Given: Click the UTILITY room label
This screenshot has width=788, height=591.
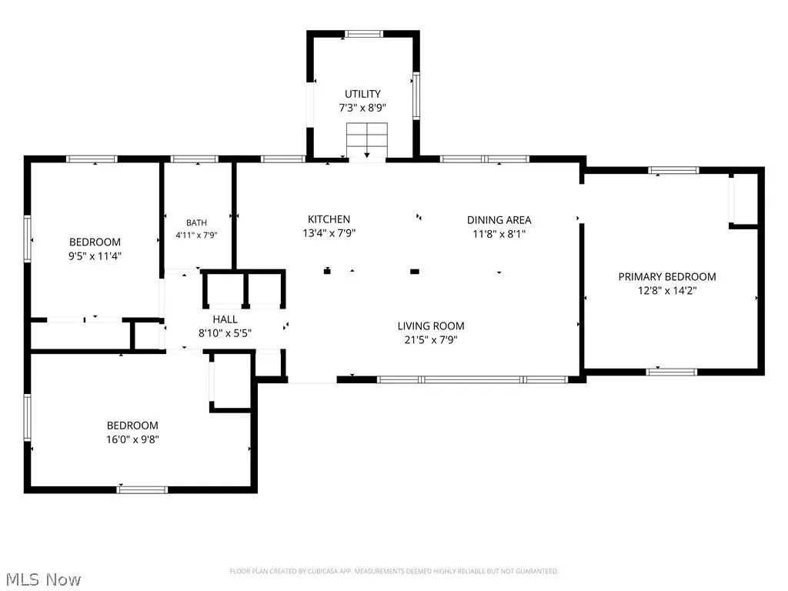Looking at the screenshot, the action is pos(362,94).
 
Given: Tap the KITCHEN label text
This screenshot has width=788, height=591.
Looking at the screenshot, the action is pos(329,219).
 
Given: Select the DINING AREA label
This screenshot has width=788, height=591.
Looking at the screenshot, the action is pos(499,220).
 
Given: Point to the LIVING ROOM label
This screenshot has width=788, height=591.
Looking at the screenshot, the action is pos(431,326).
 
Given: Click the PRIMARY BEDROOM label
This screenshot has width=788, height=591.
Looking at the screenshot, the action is pos(667,277).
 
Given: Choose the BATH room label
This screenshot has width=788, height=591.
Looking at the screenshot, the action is pos(196,222).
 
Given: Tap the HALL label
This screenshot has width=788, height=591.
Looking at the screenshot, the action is pos(225,319).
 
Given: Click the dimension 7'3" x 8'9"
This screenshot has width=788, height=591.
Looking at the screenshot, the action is pos(362,108).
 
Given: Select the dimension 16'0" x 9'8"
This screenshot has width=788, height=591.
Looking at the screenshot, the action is pos(132,439).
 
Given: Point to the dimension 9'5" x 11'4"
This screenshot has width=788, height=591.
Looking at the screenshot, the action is pos(95,255).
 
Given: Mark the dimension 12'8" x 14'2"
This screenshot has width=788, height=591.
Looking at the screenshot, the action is pos(667,290).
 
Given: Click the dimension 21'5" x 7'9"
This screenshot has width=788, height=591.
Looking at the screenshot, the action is pos(431,339).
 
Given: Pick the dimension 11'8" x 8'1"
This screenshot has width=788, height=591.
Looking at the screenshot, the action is pos(499,234).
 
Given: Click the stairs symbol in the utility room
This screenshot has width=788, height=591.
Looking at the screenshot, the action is pos(367,141).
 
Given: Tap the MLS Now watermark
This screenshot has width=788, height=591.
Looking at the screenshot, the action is pos(43,579).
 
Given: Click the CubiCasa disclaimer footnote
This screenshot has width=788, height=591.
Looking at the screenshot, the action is pos(393,572).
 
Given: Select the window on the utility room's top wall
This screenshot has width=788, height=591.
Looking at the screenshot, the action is pos(363,34).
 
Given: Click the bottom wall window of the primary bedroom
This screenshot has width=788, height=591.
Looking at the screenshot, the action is pos(671,372).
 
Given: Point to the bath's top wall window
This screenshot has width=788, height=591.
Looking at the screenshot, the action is pos(195,159).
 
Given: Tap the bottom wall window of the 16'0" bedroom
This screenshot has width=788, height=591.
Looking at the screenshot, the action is pos(142,489).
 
